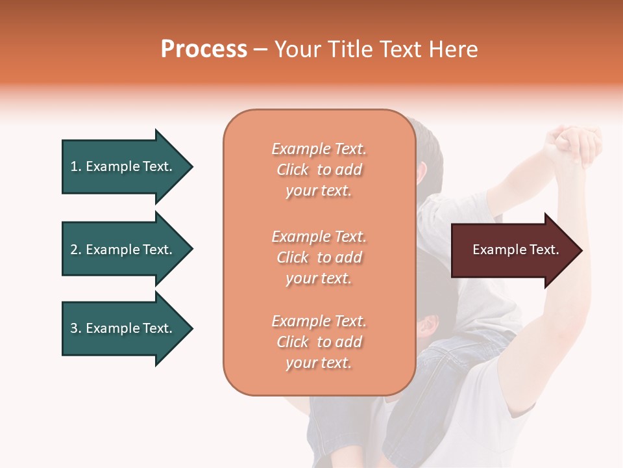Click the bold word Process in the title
[204, 49]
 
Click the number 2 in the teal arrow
[74, 250]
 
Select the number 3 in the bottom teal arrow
[74, 328]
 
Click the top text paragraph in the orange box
[319, 170]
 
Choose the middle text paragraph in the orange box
[319, 257]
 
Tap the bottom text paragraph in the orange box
[319, 342]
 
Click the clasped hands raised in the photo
[574, 144]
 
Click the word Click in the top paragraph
[293, 170]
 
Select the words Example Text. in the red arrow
[516, 250]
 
